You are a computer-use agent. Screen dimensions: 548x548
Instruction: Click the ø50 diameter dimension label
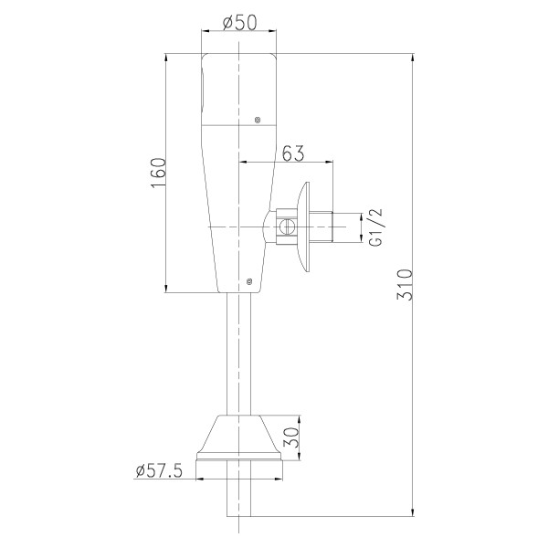239,22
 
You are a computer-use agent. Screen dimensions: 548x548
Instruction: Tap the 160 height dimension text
158,173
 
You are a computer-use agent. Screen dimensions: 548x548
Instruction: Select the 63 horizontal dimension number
293,153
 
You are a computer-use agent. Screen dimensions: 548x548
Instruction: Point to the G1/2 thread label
376,227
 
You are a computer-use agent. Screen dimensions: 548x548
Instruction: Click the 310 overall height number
405,284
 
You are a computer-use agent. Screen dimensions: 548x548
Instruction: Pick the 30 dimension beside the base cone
291,437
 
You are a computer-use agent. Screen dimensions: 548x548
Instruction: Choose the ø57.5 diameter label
159,470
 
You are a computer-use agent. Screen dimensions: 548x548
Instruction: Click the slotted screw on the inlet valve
287,227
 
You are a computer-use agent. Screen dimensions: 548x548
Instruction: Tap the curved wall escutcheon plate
303,227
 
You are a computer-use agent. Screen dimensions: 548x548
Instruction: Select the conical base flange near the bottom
239,437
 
